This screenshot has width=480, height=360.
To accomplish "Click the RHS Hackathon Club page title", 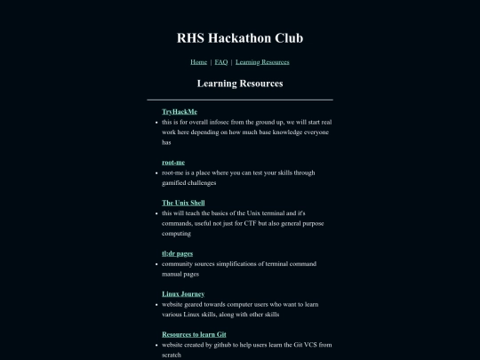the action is [240, 38].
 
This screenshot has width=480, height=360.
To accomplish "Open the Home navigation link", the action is [199, 62].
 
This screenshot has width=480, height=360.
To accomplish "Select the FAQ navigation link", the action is [221, 62].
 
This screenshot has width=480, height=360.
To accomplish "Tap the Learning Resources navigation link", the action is [262, 62].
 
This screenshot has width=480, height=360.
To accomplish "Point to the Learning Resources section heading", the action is [240, 84].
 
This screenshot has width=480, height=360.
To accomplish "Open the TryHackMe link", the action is [180, 112].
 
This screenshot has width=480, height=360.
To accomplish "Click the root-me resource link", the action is [173, 163].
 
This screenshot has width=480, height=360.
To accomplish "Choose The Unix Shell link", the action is [183, 204].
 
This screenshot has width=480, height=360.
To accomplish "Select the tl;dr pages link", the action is [177, 253].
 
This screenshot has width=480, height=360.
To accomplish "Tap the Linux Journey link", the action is [183, 293].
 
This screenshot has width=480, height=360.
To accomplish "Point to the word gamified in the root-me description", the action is [174, 182].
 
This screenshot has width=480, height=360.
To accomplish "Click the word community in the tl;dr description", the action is [180, 263].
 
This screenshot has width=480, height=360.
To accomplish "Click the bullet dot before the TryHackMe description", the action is [156, 122].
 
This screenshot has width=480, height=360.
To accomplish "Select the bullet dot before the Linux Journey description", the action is [156, 304].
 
